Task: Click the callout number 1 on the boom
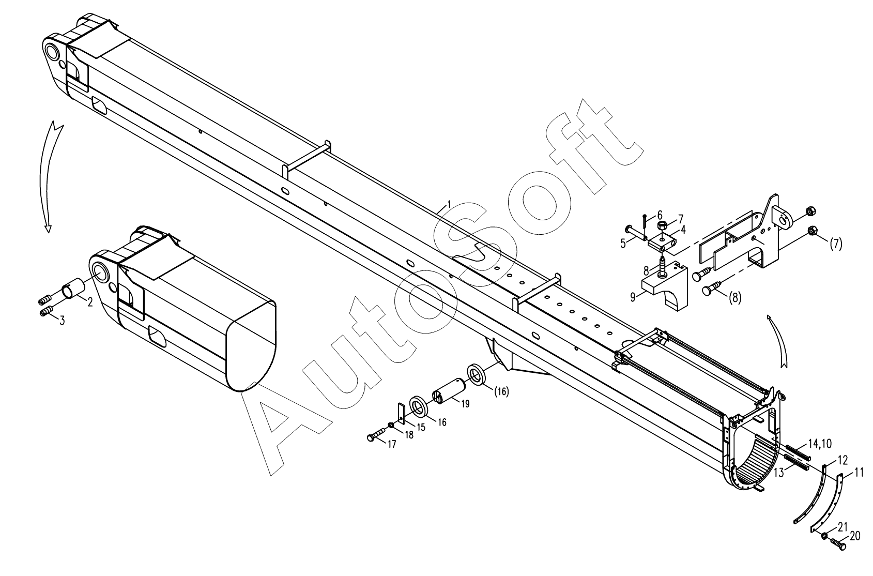click(x=449, y=204)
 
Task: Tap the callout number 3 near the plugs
click(x=62, y=321)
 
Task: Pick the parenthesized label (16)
click(x=501, y=392)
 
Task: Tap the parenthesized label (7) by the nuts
click(x=835, y=244)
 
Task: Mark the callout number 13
click(x=779, y=472)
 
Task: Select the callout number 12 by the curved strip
click(x=843, y=459)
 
